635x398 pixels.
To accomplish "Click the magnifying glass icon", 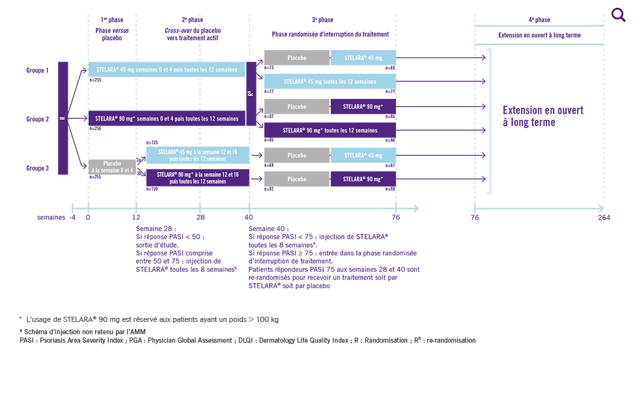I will coord(618,14).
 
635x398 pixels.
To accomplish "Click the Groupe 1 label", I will coord(37,70).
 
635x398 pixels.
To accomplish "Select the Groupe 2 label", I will coord(37,119).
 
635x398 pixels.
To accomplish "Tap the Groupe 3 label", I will coord(37,168).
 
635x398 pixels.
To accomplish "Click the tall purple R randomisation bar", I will coord(63,118).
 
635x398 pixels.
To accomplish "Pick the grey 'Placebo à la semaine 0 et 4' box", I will coord(113,166).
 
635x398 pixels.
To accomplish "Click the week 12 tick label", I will coord(136,217).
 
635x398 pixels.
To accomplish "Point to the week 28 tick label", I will coord(200,217).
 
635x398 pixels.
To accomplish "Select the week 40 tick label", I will coord(249,217).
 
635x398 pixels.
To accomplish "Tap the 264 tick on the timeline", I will coord(604,217).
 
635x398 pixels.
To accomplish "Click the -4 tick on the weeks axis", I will coord(72,217).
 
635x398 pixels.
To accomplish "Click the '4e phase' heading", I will coord(539,20).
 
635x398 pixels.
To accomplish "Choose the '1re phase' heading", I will coord(112,20).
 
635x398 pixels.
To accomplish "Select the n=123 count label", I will coord(152,142).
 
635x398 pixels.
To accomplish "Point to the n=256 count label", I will coord(95,129).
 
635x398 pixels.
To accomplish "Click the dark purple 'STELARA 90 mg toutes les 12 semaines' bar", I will coord(330,130).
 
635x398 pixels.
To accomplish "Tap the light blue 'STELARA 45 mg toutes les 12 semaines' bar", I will coord(330,82).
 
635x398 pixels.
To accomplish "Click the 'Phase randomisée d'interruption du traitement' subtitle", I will coord(330,34).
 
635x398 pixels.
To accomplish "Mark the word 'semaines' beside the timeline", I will coord(51,217).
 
